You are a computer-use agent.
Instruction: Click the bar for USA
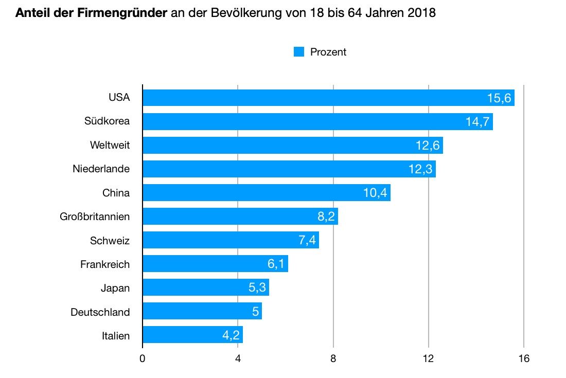[328, 98]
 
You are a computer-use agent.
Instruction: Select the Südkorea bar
[317, 121]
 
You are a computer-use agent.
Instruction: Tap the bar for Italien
[192, 335]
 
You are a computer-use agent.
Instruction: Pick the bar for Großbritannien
[240, 217]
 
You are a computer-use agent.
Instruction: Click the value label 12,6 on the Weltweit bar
[428, 146]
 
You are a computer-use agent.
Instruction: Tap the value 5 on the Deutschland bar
[255, 312]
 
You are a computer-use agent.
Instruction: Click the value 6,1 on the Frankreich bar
[275, 264]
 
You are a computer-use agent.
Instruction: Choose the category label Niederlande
[101, 169]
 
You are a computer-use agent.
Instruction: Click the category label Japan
[115, 288]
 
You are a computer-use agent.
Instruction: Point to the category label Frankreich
[105, 264]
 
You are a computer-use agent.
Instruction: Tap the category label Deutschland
[100, 312]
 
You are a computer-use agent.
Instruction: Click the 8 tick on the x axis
[333, 358]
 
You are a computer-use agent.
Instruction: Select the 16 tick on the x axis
[523, 358]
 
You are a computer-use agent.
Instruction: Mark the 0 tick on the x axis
[143, 358]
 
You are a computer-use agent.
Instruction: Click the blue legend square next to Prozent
[299, 52]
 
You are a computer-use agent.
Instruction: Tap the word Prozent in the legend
[328, 52]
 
